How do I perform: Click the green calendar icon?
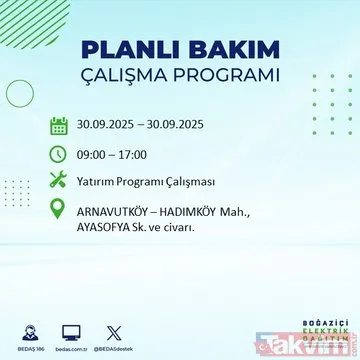(59, 127)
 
